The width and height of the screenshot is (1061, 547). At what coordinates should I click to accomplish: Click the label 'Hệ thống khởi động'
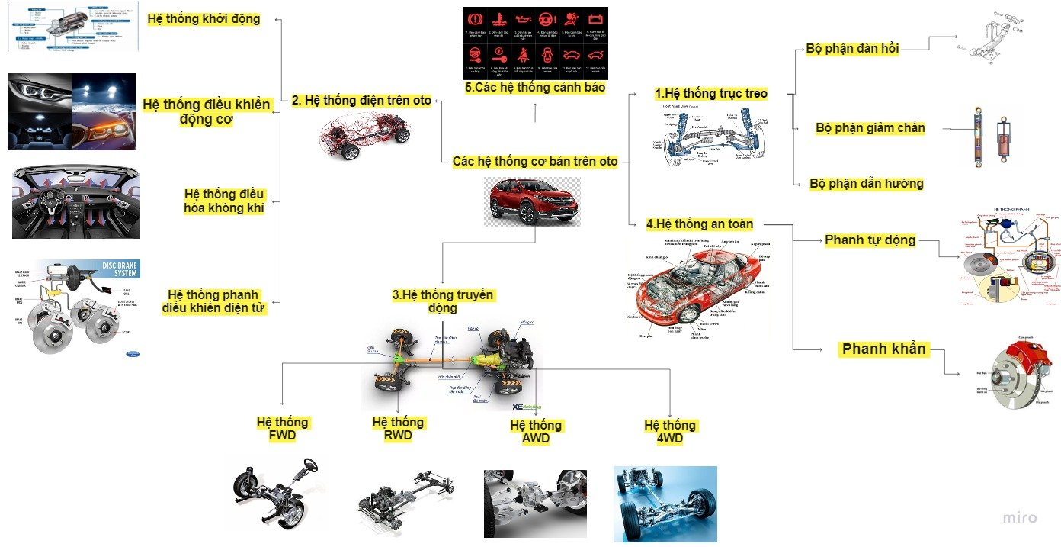point(204,19)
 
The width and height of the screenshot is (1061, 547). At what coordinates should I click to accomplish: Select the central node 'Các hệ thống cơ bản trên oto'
point(535,161)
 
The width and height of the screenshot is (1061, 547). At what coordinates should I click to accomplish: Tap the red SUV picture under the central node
point(532,201)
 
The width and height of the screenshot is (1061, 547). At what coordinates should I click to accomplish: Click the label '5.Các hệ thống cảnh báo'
point(535,88)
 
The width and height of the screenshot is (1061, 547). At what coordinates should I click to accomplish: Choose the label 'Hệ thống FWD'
point(283,429)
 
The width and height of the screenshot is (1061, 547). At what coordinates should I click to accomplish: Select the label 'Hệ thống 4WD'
point(670,432)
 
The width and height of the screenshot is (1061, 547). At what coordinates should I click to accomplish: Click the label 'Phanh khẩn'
point(883,349)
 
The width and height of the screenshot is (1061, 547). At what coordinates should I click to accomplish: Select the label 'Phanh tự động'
point(870,240)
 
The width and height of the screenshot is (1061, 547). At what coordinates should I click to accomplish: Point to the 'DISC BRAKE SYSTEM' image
point(75,307)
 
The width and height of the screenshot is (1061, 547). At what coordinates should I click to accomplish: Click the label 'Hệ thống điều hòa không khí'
point(224,201)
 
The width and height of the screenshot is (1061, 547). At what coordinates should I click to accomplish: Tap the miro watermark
point(1019,518)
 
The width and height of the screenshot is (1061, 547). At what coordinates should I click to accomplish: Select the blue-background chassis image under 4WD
point(665,504)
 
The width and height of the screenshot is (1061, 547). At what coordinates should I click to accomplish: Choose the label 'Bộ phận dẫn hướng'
point(867,183)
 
